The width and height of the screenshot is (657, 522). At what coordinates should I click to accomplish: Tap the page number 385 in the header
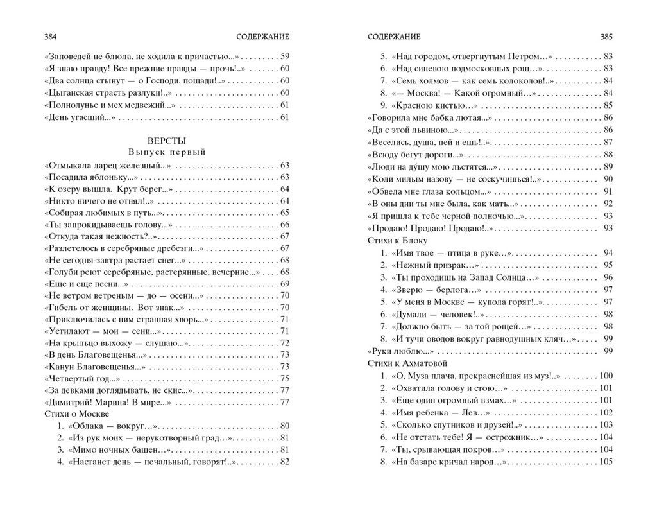606,36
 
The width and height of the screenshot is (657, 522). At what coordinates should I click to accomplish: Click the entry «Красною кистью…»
429,105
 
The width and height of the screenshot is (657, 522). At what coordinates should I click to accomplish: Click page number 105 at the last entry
606,462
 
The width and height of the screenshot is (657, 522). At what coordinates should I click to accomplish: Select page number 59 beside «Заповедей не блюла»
286,56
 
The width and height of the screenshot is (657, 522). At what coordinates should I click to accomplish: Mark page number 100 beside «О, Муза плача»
606,375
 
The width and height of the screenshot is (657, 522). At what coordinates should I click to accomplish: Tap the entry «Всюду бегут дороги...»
415,154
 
